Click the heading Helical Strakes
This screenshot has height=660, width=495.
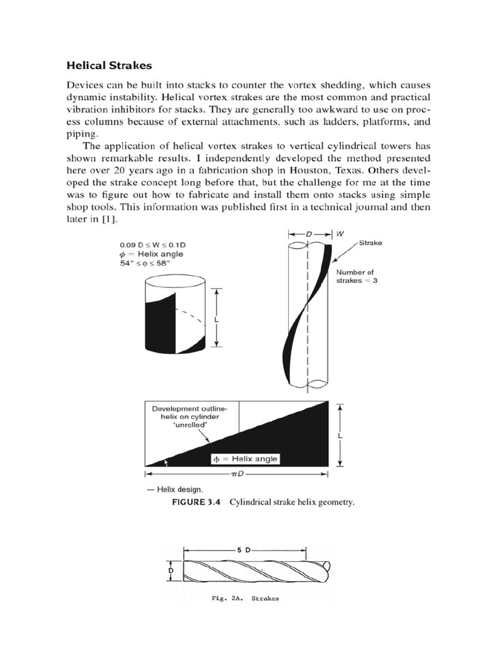pos(110,65)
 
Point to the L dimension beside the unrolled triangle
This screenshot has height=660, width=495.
pos(340,435)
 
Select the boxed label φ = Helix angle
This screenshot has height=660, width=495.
pos(245,459)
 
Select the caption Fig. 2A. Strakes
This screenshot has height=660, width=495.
pos(245,598)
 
